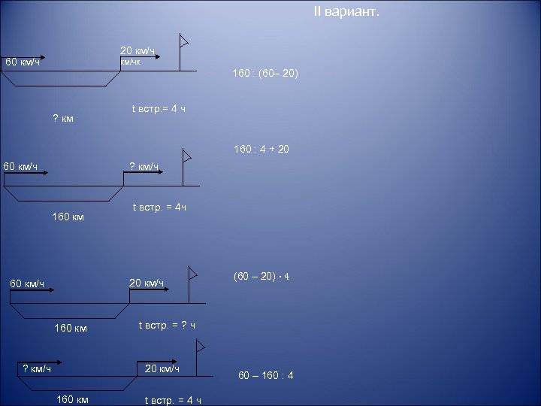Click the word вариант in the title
tap(354, 11)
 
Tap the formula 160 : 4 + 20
tap(261, 150)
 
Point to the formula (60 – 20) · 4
tap(262, 276)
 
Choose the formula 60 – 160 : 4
tap(266, 375)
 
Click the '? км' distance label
tap(63, 117)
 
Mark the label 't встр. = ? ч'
tap(168, 326)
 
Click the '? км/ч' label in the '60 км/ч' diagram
tap(144, 166)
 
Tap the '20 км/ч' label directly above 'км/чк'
tap(138, 50)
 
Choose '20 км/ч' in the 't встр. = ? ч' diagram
tap(147, 282)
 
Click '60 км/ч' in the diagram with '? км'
tap(23, 62)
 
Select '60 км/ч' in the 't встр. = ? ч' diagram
tap(27, 283)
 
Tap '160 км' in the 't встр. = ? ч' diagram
tap(71, 328)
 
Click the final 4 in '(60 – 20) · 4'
tap(287, 276)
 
